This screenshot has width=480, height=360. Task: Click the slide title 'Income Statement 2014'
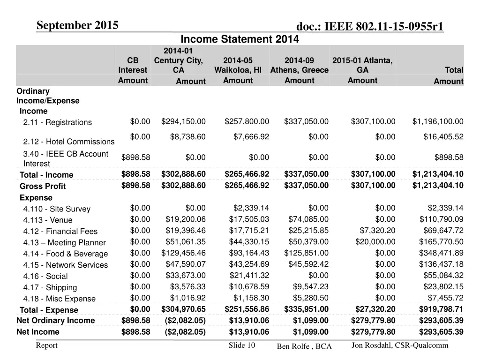click(240, 39)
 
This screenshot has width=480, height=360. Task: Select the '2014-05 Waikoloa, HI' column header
click(238, 65)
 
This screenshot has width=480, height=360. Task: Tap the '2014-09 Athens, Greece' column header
click(299, 65)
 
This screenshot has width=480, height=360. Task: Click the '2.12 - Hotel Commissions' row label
click(69, 142)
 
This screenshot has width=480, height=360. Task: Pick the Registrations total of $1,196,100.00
click(438, 122)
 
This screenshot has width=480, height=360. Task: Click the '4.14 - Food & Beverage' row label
click(66, 254)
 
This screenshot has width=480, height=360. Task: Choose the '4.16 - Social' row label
click(45, 277)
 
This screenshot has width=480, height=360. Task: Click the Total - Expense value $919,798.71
click(441, 309)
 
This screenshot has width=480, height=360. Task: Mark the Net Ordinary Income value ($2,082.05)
click(184, 321)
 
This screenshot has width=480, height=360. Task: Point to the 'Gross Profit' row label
click(43, 186)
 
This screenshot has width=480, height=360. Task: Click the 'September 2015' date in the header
click(77, 25)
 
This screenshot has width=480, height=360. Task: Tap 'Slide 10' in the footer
click(241, 345)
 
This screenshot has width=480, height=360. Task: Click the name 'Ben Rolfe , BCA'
click(304, 346)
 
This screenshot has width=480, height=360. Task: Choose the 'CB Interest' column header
click(133, 65)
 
